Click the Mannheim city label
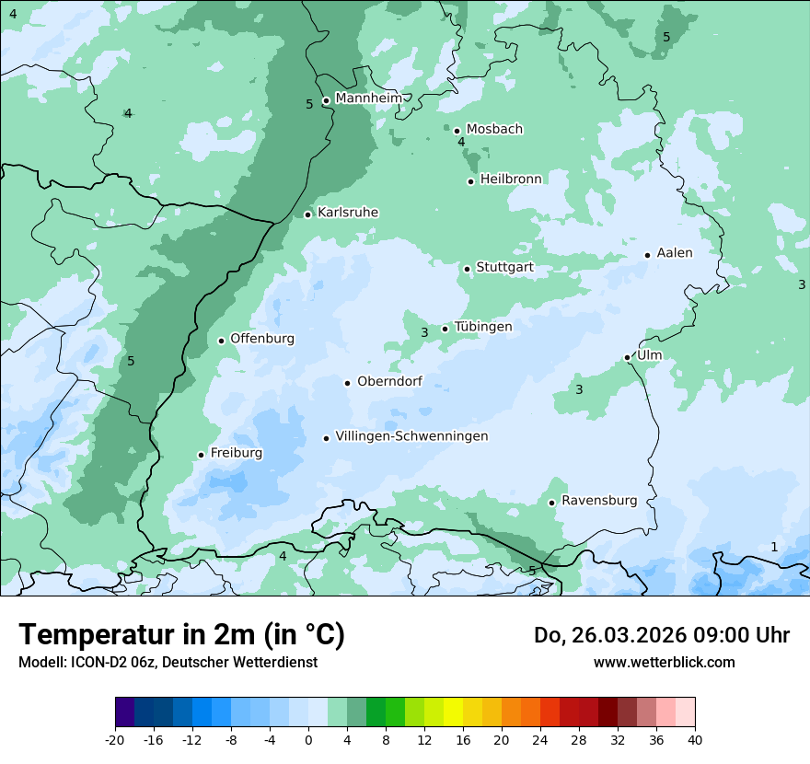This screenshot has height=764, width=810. coord(368,98)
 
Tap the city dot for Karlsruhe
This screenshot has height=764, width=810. coord(308,214)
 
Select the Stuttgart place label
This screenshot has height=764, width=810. coord(504,268)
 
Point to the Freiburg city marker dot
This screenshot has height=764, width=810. coord(201,455)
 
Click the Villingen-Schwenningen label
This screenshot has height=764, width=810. coord(411,436)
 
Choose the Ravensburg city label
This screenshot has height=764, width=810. coord(599,501)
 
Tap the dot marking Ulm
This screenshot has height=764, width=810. coord(628,357)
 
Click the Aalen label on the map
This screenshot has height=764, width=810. coord(675,253)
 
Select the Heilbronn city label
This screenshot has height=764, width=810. coord(511,179)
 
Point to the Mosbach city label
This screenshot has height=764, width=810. coord(494,130)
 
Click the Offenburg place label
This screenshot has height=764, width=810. coord(262,339)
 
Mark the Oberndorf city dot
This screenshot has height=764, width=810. coord(347,383)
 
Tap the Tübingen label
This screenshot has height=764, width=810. coord(483,327)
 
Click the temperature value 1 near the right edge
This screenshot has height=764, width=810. coord(774,548)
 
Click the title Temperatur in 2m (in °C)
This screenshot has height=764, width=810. coord(182,635)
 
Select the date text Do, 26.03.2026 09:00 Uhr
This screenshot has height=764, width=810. coord(662,635)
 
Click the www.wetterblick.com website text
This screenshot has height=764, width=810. coord(664,662)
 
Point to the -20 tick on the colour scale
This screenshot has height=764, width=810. coord(115,739)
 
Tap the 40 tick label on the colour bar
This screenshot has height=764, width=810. coord(694,739)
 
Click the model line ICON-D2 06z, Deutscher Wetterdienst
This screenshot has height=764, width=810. coord(168,662)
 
